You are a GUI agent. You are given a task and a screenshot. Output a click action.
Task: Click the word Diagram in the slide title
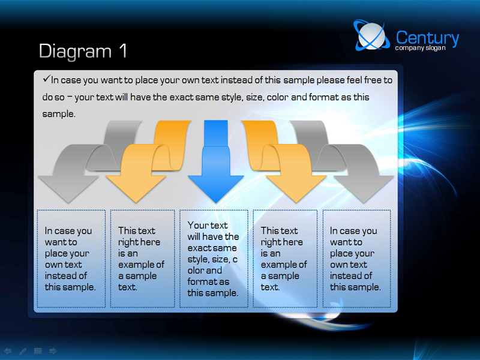[x=75, y=52]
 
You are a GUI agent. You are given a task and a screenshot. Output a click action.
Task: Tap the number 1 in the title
[x=123, y=50]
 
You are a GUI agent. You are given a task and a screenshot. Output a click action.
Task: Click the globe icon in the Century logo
[x=371, y=35]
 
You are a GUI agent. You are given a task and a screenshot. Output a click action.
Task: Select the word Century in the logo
[x=427, y=38]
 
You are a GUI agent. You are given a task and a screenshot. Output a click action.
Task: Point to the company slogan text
[x=420, y=48]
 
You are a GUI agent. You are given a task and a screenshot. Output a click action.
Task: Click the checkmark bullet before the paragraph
[x=47, y=79]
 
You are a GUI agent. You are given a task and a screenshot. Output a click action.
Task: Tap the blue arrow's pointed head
[x=216, y=189]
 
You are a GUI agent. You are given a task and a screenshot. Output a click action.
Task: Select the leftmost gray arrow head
[x=68, y=189]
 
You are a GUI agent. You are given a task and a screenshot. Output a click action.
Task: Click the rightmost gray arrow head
[x=364, y=189]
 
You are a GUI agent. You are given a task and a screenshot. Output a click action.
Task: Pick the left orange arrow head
[x=136, y=189]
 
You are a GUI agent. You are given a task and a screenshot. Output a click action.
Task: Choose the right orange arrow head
[x=296, y=189]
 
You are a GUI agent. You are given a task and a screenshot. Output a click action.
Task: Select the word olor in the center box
[x=205, y=271]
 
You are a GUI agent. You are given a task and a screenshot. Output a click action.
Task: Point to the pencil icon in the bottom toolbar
[x=23, y=351]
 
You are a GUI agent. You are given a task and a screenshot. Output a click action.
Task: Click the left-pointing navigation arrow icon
[x=8, y=351]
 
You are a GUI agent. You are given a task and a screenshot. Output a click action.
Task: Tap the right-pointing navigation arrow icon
[x=53, y=351]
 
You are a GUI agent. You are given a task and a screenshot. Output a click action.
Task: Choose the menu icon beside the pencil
[x=38, y=351]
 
